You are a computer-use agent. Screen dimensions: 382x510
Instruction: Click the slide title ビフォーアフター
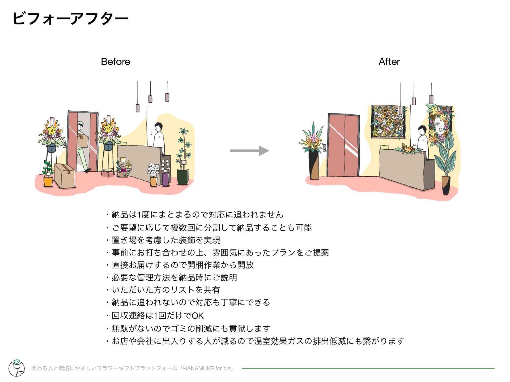(70, 19)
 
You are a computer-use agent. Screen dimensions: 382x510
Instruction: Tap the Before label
(116, 62)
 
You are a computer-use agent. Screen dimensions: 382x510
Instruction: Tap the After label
(389, 62)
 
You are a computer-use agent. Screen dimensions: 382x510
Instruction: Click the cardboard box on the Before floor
(64, 176)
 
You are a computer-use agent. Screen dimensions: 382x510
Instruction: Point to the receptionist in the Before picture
(159, 135)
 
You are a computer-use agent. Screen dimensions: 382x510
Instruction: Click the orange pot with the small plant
(48, 181)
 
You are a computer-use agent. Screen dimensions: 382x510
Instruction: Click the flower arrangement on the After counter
(407, 149)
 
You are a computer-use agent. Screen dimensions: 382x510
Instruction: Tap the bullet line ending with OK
(158, 315)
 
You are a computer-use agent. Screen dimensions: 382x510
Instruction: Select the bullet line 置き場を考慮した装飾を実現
(166, 240)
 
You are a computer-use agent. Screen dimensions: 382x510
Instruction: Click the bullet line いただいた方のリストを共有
(166, 290)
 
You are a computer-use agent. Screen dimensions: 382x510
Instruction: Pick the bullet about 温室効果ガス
(258, 341)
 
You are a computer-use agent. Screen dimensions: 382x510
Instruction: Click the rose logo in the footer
(16, 368)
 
